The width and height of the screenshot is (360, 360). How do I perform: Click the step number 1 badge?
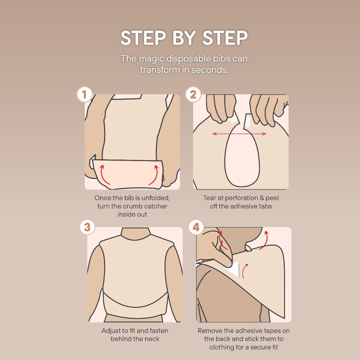[x=84, y=94]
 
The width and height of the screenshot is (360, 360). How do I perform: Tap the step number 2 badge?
[x=193, y=94]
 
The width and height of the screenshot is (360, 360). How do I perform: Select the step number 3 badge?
[x=87, y=227]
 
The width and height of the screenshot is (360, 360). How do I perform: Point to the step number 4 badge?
[x=196, y=227]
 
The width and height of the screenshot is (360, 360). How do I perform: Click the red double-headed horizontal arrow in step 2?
[x=239, y=134]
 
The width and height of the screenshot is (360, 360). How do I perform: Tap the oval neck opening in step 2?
[x=242, y=156]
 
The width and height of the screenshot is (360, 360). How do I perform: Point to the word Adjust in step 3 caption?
[x=111, y=331]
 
